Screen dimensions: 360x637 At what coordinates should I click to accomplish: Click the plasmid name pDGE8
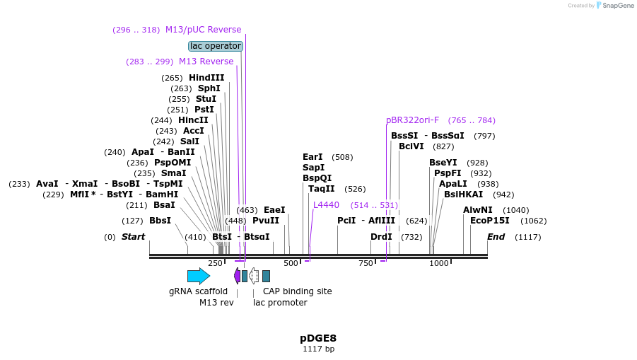point(318,338)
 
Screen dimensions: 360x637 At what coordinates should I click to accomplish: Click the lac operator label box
point(216,46)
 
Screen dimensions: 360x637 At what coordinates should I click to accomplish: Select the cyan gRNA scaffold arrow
point(199,276)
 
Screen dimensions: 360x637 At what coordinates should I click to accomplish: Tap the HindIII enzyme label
point(206,78)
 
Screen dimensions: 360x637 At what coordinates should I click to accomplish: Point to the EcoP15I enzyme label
point(490,220)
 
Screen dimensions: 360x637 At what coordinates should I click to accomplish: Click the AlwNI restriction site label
point(477,210)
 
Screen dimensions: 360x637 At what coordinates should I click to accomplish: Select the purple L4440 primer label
point(326,205)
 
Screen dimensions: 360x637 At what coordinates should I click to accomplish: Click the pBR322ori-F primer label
point(412,120)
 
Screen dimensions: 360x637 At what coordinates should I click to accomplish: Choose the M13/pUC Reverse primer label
point(203,30)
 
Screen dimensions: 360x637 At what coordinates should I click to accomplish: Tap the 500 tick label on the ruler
point(291,263)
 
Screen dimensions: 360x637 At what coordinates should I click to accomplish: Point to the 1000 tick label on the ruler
point(439,263)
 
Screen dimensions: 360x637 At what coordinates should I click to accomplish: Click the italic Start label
point(133,237)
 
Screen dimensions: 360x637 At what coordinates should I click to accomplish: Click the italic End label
point(496,237)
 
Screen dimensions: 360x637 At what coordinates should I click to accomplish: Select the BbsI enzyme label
point(160,221)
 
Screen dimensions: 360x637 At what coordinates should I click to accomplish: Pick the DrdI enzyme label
point(381,237)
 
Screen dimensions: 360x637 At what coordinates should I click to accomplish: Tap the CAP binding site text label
point(297,291)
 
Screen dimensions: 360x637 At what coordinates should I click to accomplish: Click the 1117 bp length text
point(318,349)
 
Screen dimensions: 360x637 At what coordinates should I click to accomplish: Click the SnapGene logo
point(614,6)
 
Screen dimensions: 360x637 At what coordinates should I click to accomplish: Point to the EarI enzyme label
point(312,157)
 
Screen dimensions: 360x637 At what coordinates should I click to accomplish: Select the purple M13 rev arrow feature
point(237,276)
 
